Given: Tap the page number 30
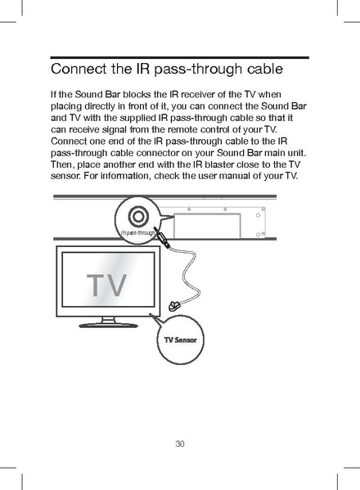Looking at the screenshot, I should click(180, 444).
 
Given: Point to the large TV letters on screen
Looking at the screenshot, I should click(107, 285).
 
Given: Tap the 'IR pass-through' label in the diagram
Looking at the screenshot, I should click(137, 233).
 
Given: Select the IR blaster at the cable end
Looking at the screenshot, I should click(173, 306).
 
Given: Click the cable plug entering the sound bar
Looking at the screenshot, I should click(164, 240).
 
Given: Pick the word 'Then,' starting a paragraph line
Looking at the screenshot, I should click(65, 164).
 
